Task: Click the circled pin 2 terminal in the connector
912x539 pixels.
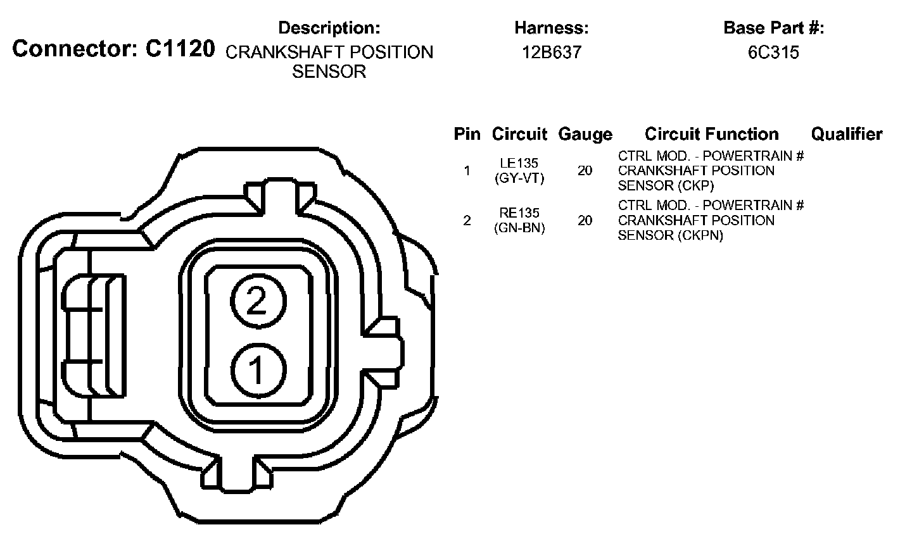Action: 258,301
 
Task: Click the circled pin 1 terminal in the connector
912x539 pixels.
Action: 258,370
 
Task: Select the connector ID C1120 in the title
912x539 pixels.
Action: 180,49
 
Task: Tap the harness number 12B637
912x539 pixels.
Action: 552,52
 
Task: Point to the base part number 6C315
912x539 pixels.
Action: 773,52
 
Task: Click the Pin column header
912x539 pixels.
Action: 467,134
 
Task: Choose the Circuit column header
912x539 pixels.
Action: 519,134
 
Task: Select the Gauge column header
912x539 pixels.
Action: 585,134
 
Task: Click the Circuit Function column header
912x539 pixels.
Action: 712,134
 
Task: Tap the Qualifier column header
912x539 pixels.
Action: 847,134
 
